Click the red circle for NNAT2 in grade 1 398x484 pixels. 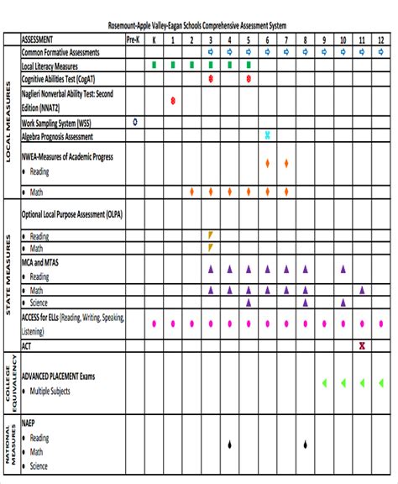[x=172, y=101]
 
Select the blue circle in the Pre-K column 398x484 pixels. [x=134, y=122]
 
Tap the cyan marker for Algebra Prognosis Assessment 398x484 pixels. [x=267, y=135]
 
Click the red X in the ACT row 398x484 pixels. [x=362, y=345]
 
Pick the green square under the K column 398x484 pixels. [x=154, y=65]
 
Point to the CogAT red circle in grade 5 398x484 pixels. [x=249, y=78]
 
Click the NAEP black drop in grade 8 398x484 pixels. [x=306, y=445]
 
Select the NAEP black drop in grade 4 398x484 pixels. [x=229, y=445]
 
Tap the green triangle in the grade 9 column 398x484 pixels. [x=324, y=383]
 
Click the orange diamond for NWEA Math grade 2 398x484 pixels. [x=191, y=192]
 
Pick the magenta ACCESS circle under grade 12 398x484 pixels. [x=381, y=323]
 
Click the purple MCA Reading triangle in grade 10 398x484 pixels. [x=343, y=270]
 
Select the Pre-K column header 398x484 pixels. [x=134, y=39]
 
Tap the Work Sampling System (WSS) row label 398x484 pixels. [x=57, y=123]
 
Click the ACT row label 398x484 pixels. [x=27, y=345]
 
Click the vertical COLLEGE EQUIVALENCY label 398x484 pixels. [x=10, y=382]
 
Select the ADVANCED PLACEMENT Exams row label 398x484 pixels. [x=59, y=376]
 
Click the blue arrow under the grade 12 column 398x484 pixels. [x=381, y=52]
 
